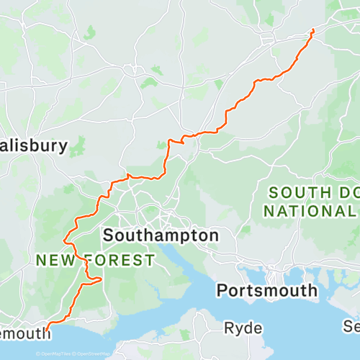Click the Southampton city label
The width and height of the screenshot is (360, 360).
point(160,235)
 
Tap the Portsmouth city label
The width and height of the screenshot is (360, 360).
point(266,290)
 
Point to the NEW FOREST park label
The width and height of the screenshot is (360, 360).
point(93,259)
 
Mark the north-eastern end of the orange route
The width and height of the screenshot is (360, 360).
point(312,30)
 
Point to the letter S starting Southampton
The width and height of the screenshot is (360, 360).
point(109,235)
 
